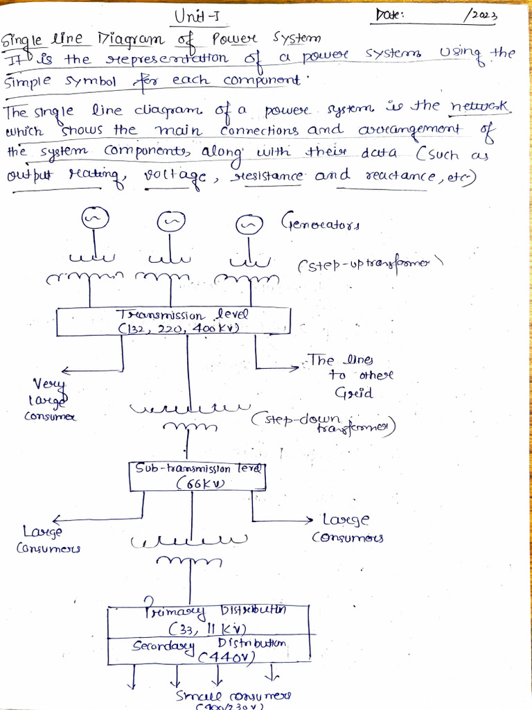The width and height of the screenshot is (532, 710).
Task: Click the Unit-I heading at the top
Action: point(197,17)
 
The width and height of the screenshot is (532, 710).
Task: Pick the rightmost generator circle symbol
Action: point(248,225)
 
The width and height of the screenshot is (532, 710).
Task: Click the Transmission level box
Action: point(173,320)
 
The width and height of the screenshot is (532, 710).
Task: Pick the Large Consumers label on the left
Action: point(47,540)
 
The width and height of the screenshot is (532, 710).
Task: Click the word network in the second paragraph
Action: point(481,107)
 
